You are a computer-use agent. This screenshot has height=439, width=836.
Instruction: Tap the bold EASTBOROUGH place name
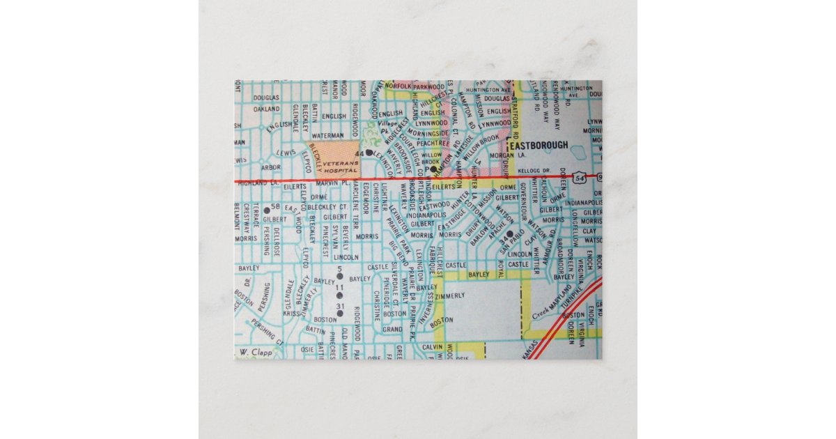[x=539, y=146]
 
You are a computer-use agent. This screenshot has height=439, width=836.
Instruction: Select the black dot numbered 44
[x=369, y=152]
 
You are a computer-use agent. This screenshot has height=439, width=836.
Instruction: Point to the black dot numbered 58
[x=267, y=209]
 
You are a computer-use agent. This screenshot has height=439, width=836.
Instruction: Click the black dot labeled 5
[x=339, y=276]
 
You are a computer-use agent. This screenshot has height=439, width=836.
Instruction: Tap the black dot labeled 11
[x=339, y=295]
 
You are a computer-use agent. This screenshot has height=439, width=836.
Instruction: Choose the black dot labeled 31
[x=340, y=314]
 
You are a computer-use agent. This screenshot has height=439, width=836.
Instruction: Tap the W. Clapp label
[x=251, y=353]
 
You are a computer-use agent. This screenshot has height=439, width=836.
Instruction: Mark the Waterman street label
[x=328, y=135]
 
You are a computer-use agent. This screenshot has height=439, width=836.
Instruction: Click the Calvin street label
[x=433, y=347]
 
